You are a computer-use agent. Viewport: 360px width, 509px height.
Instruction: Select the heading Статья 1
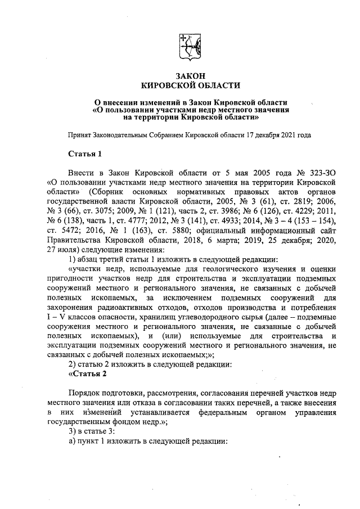(84, 154)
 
